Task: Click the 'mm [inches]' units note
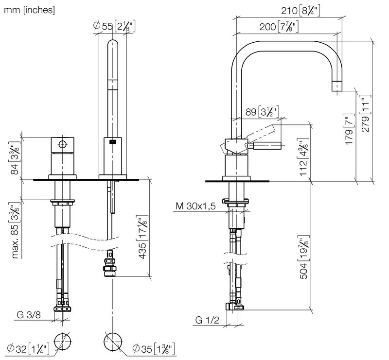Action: [x=29, y=9]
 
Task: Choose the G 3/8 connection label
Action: [x=30, y=316]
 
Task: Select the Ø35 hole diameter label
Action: [x=154, y=348]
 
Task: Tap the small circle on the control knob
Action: [x=62, y=144]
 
